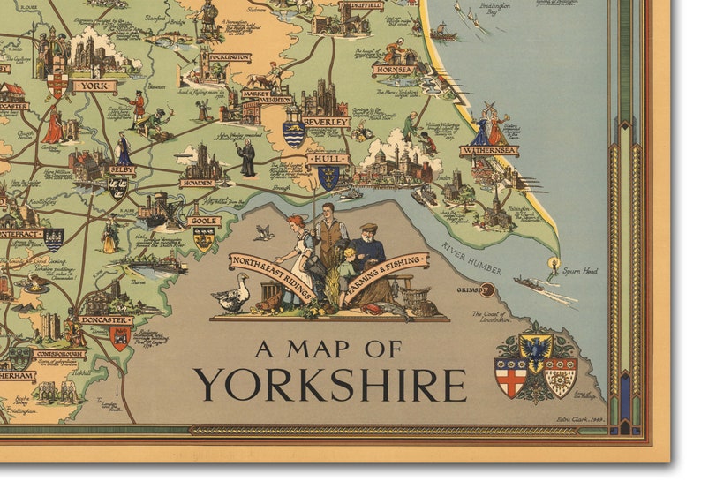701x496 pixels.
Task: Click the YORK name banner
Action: click(x=95, y=86)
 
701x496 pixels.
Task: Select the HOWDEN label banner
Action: click(x=197, y=183)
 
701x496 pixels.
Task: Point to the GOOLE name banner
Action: click(x=204, y=221)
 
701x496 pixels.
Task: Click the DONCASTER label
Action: click(x=105, y=320)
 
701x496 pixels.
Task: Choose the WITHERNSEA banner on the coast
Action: click(x=488, y=151)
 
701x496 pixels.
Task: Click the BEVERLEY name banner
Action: click(x=326, y=122)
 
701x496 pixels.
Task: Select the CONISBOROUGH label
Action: click(x=60, y=354)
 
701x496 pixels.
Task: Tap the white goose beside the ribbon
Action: click(x=233, y=295)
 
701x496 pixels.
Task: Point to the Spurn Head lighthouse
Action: click(x=554, y=263)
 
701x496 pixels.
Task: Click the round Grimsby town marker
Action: click(x=487, y=290)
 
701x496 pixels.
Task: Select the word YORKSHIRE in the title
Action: click(x=329, y=385)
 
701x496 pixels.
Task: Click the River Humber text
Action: click(x=471, y=259)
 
